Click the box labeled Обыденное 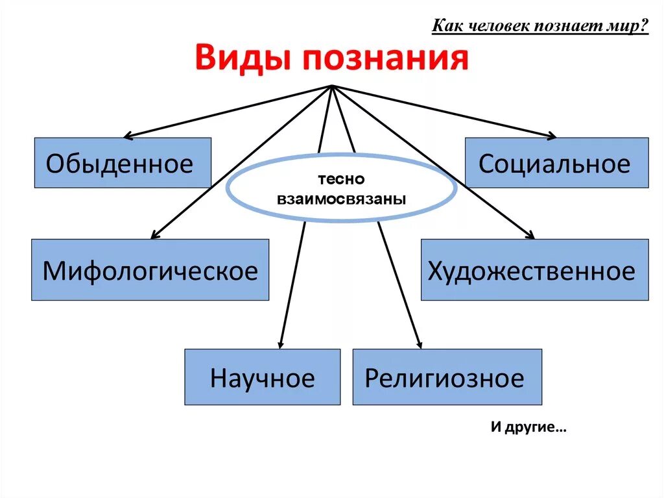(x=123, y=163)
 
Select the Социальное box (x=556, y=163)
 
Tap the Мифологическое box (x=150, y=269)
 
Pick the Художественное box (x=534, y=269)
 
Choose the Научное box (x=262, y=377)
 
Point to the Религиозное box (x=447, y=377)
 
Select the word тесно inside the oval (x=341, y=179)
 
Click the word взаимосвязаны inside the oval (x=341, y=199)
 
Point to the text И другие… (x=528, y=429)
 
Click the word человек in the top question (x=495, y=27)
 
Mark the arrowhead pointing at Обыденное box (x=127, y=136)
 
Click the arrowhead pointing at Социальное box (x=552, y=136)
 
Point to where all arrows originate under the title (x=331, y=86)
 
